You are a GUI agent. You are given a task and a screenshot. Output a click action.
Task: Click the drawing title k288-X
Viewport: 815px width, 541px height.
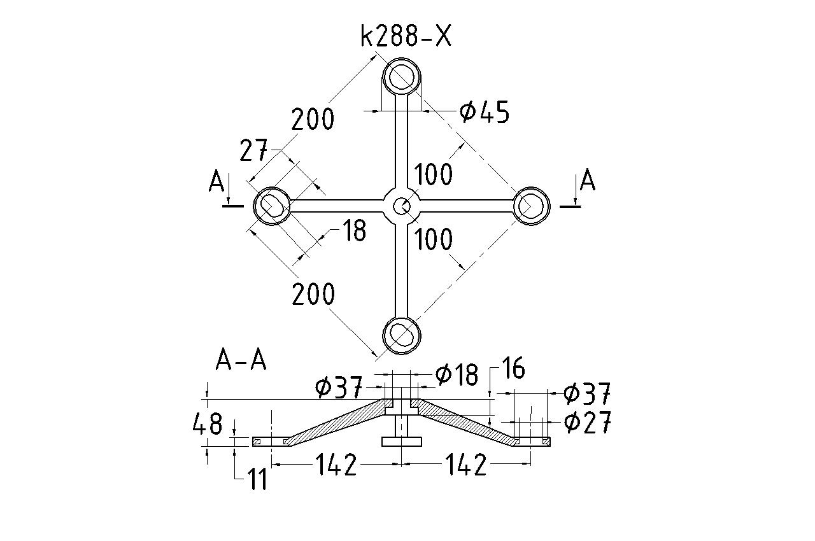(406, 37)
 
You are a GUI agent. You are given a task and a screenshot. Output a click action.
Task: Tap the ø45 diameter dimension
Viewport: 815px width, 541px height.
(485, 113)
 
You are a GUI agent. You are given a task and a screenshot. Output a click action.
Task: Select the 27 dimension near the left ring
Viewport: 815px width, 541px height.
(253, 151)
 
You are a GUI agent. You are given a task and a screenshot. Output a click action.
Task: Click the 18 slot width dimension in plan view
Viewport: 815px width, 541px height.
(353, 230)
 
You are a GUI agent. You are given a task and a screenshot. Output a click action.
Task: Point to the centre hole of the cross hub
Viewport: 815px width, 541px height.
(401, 206)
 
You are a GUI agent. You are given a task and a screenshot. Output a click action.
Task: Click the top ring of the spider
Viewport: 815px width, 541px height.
(402, 78)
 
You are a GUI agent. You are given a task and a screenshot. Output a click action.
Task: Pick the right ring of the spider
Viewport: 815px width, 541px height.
(531, 206)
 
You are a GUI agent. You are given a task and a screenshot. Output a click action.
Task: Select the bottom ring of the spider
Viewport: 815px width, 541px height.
(402, 334)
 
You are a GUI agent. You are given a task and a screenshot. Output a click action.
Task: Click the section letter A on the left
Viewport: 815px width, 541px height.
(216, 183)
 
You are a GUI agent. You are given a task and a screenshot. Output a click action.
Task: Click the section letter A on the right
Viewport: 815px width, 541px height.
(587, 181)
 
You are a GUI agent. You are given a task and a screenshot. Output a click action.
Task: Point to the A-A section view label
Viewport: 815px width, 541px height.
(241, 361)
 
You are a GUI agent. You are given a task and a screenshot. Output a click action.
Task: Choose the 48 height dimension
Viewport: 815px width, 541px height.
(208, 423)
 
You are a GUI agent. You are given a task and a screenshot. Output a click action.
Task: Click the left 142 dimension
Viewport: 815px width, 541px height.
(336, 466)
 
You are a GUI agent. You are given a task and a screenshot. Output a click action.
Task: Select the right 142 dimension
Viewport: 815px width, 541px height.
(466, 466)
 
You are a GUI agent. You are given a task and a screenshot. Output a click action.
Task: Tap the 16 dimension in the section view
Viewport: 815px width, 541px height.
(513, 369)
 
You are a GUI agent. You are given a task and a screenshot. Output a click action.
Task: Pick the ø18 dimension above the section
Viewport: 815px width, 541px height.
(457, 374)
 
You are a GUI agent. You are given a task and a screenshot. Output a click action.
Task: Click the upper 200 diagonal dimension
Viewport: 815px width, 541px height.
(313, 119)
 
